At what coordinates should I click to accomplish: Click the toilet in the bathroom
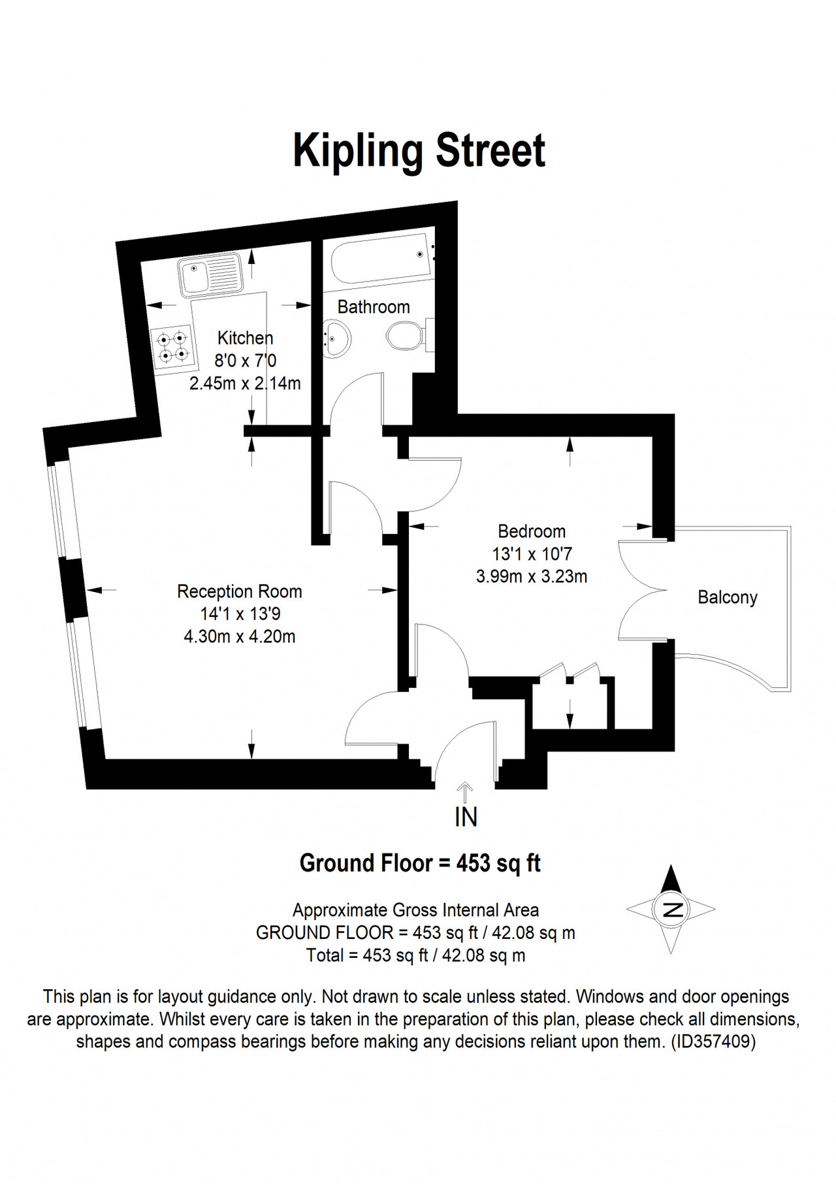click(x=410, y=337)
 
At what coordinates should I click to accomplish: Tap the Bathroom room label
click(x=374, y=307)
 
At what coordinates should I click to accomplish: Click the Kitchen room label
click(x=245, y=338)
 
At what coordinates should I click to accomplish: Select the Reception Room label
click(x=240, y=591)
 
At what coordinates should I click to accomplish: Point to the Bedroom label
click(x=532, y=531)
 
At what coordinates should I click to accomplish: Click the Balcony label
click(x=728, y=597)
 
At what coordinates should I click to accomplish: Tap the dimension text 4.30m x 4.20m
click(x=240, y=636)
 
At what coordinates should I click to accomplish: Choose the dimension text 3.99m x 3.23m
click(x=532, y=576)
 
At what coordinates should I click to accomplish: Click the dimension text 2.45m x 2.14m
click(x=245, y=383)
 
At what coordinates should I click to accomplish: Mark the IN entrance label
click(x=466, y=817)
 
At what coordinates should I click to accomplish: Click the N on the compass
click(x=671, y=909)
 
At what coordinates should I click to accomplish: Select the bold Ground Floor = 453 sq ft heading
click(x=420, y=863)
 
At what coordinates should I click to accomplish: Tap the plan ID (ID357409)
click(x=713, y=1042)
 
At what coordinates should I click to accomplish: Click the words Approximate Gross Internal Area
click(x=416, y=910)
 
